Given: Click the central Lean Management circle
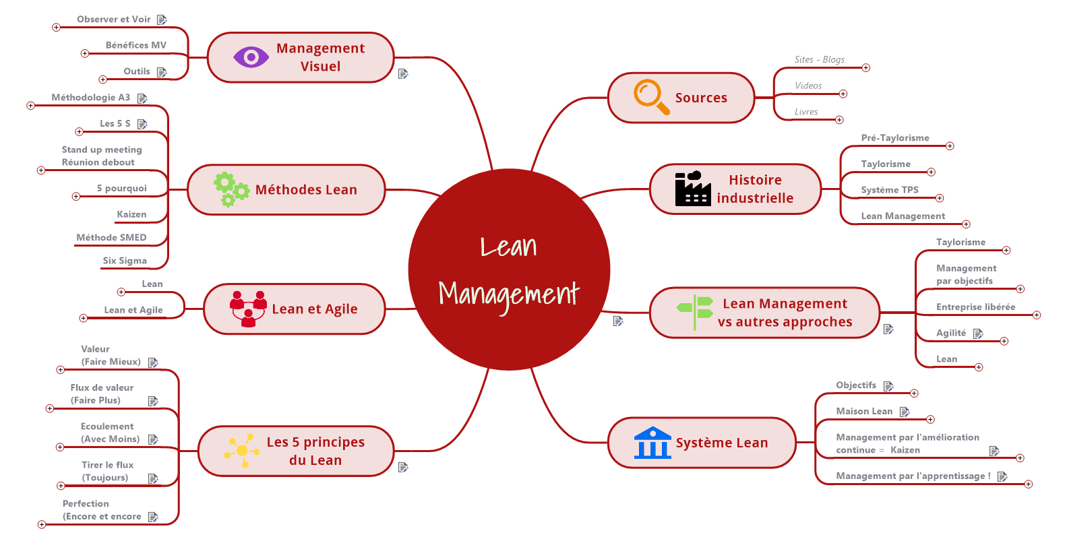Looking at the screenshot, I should coord(509,269).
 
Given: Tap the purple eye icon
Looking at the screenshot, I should coord(251,57).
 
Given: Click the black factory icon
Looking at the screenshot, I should coord(692,189).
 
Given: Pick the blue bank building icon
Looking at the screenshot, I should coord(652,443).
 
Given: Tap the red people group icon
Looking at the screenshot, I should coord(248,309).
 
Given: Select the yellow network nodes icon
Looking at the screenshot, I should coord(242,450).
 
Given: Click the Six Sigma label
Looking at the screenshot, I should coord(125,261).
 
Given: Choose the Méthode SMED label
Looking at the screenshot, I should coord(111,238).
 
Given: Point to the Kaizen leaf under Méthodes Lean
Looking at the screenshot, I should coord(131,215).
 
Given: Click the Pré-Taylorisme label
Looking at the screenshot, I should coord(894,138).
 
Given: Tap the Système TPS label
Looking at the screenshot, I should coord(889,190).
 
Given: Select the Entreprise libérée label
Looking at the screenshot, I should coord(975,307).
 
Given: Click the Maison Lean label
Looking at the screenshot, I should coord(863,412).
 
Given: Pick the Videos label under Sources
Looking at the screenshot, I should coord(807,86).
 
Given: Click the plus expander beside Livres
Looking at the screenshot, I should coord(839,120).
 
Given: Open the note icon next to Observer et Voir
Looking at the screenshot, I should coord(162,20).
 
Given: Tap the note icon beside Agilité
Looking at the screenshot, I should coord(978,334).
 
